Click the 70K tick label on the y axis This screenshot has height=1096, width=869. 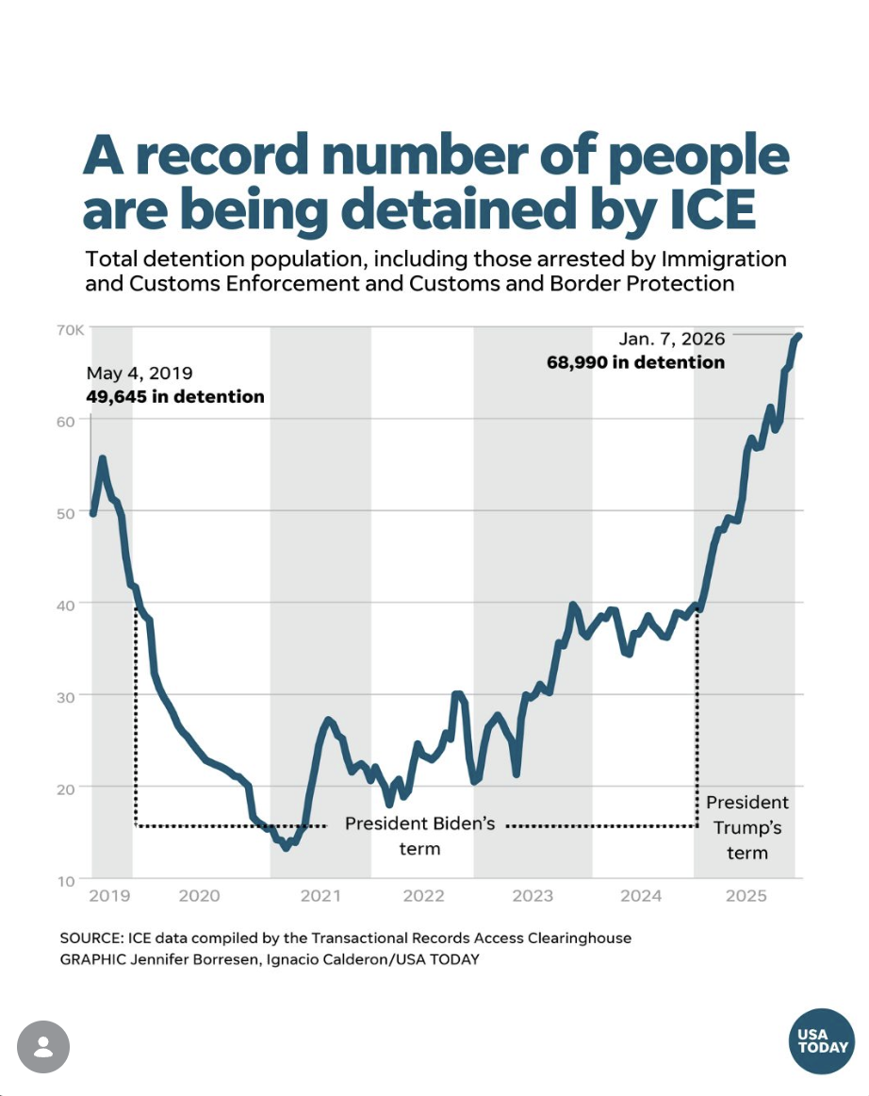tap(73, 330)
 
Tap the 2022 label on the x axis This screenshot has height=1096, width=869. tap(423, 896)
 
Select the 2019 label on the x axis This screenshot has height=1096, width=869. tap(109, 896)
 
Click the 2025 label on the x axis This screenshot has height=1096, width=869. tap(747, 896)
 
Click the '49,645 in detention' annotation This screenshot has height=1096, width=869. tap(175, 396)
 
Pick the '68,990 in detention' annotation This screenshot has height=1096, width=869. tap(636, 362)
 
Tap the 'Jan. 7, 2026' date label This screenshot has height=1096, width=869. tap(672, 339)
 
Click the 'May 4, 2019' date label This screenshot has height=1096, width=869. tap(139, 373)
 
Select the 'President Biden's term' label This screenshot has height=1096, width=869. tap(419, 835)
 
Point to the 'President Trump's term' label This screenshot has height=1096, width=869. tap(747, 827)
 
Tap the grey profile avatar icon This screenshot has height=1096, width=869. tap(43, 1047)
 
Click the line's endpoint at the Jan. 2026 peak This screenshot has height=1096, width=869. tap(798, 336)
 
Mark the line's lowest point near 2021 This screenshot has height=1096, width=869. tap(286, 847)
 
